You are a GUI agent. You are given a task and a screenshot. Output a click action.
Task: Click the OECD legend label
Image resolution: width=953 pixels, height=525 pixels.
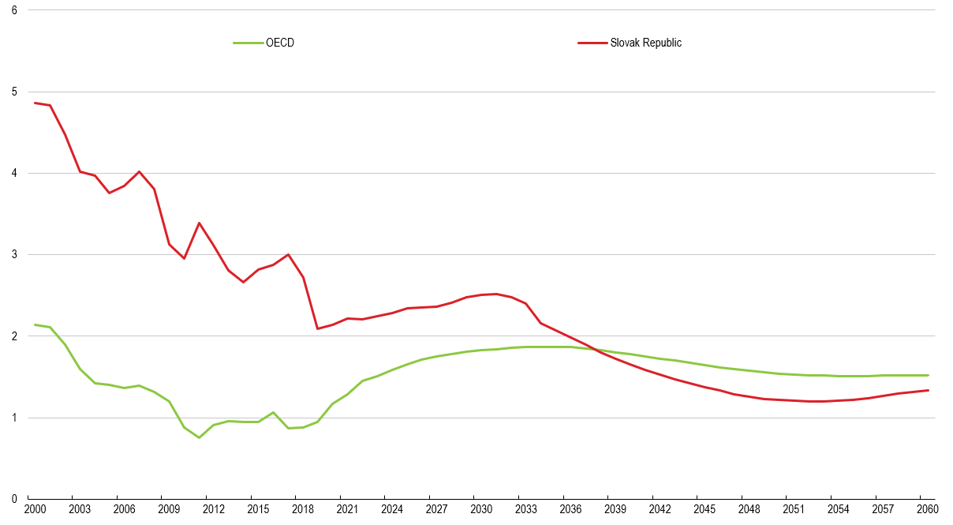pyautogui.click(x=280, y=43)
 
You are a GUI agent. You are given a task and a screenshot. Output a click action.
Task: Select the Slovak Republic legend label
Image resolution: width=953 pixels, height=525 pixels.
pyautogui.click(x=645, y=43)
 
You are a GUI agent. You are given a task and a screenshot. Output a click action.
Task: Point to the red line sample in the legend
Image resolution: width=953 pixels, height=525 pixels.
pyautogui.click(x=592, y=43)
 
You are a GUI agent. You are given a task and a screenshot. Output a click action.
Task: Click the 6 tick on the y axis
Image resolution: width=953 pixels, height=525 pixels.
pyautogui.click(x=14, y=9)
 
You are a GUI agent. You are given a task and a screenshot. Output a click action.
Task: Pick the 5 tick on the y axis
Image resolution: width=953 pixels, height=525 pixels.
pyautogui.click(x=14, y=92)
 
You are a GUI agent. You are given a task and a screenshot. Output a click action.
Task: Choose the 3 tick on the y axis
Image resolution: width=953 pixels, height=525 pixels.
pyautogui.click(x=14, y=254)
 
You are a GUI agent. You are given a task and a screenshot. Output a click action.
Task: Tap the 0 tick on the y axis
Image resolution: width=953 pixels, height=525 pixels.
pyautogui.click(x=14, y=498)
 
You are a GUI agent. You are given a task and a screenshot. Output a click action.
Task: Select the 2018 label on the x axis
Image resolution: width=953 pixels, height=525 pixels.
pyautogui.click(x=303, y=510)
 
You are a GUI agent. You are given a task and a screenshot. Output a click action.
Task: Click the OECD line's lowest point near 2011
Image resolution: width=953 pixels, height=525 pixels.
pyautogui.click(x=199, y=437)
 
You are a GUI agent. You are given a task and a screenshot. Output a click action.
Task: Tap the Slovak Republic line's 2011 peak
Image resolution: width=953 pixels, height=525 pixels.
pyautogui.click(x=199, y=223)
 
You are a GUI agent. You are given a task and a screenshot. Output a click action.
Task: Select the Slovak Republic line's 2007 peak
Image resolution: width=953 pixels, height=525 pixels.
pyautogui.click(x=140, y=171)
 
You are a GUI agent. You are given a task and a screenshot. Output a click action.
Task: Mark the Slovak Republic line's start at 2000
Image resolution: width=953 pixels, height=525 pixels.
pyautogui.click(x=35, y=103)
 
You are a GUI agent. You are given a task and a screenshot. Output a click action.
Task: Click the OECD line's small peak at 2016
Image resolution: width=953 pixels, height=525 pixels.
pyautogui.click(x=273, y=412)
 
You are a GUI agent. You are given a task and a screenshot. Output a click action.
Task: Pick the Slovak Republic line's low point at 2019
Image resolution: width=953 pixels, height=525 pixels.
pyautogui.click(x=317, y=328)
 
